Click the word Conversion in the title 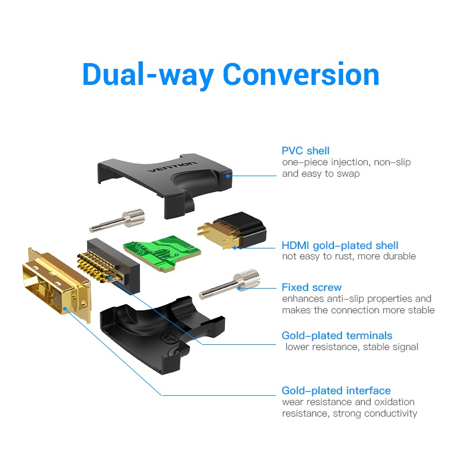coord(301,75)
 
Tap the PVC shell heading coord(305,151)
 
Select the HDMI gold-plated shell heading coord(340,246)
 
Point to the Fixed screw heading coord(311,287)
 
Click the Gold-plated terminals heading coord(336,336)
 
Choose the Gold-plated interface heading coord(336,391)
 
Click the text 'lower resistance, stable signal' coord(352,347)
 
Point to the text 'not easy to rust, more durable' coord(348,256)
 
